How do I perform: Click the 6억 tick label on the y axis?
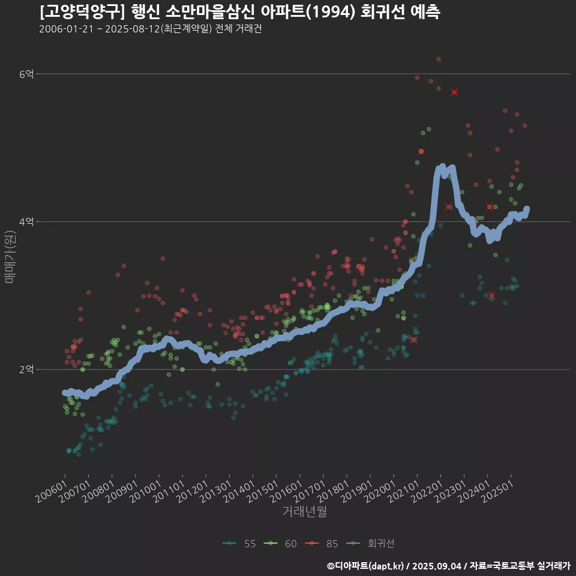click(26, 74)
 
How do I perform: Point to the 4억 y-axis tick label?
click(26, 222)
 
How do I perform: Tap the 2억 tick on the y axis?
click(26, 370)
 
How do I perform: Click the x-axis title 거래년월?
click(305, 512)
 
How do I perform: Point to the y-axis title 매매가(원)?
click(10, 258)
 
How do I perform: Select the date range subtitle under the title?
click(150, 29)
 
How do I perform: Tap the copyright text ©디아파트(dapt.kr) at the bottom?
click(366, 566)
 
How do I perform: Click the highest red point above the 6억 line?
click(439, 59)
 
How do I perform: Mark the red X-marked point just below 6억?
click(454, 92)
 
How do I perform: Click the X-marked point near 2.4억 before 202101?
click(413, 340)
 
